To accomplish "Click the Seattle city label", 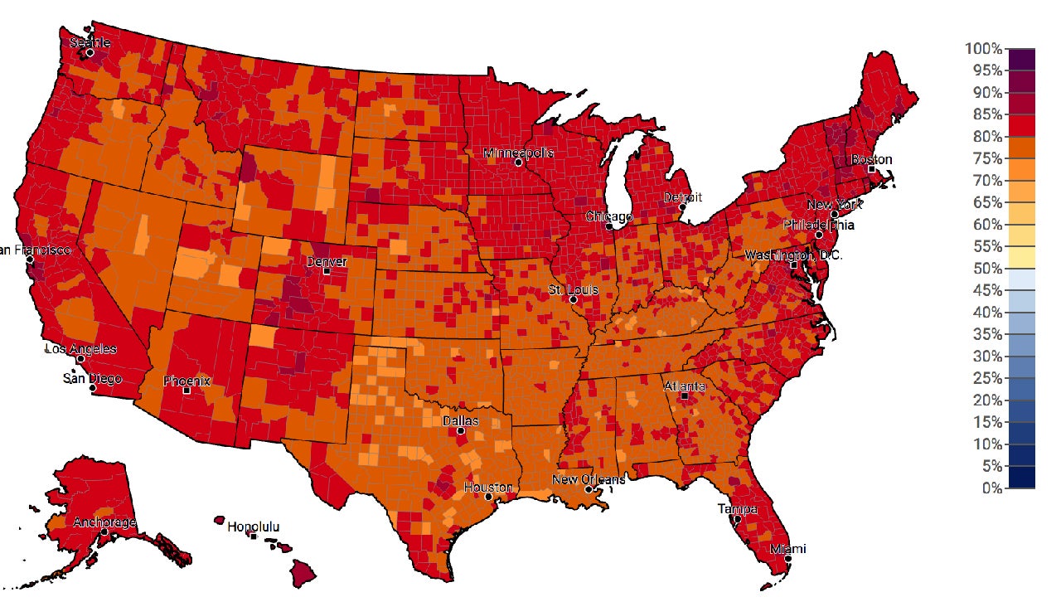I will tap(90, 41).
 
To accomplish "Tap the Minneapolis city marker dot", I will tap(518, 163).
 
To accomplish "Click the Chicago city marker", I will tap(608, 226).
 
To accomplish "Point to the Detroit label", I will tap(682, 197).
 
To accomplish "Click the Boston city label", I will tap(871, 159).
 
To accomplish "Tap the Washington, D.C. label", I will tap(793, 255).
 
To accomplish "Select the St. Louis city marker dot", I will tap(573, 299).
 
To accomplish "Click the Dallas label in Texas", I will tap(460, 420).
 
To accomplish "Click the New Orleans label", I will tap(589, 479).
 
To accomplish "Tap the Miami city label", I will tap(787, 549).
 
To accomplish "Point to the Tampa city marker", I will tap(737, 520).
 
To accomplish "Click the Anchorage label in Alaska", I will tap(104, 522).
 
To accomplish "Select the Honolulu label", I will tap(253, 527).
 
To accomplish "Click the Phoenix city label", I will tap(187, 381).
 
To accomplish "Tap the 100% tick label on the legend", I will tap(983, 49).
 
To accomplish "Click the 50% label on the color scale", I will tap(986, 269).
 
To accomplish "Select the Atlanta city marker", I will tap(685, 396).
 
